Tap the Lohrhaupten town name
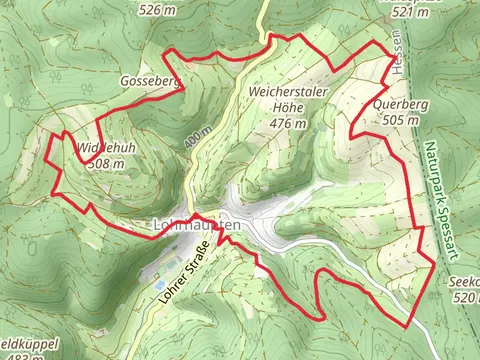pyautogui.click(x=198, y=225)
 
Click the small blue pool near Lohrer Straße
pyautogui.click(x=161, y=284)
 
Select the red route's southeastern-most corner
pyautogui.click(x=407, y=325)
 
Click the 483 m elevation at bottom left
pyautogui.click(x=30, y=355)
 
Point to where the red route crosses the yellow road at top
pyautogui.click(x=267, y=41)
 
